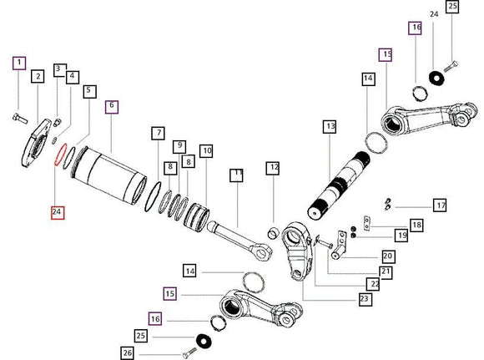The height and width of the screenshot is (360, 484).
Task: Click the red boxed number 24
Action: point(58,212)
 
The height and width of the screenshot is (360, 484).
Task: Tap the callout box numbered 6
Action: point(112,107)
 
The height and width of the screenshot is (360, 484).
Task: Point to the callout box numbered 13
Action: point(330,127)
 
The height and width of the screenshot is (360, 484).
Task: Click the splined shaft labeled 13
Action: point(340,185)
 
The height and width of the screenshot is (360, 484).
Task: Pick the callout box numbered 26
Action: point(128,352)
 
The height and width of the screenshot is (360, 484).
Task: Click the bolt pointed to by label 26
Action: point(189,352)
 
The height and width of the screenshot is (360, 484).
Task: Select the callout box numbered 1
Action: point(19,63)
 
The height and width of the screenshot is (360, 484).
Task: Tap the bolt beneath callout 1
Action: point(20,118)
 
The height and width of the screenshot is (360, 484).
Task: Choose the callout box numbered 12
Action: point(273,168)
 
